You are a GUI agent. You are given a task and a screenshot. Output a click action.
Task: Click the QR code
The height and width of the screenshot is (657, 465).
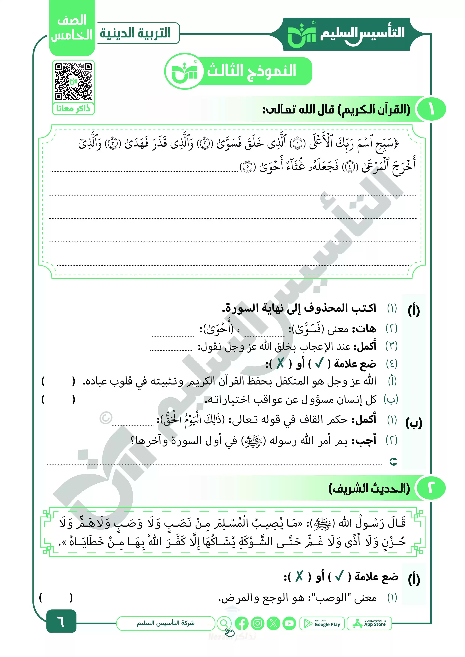pos(73,81)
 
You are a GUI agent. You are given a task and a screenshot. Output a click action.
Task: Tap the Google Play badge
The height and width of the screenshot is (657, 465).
pos(322,623)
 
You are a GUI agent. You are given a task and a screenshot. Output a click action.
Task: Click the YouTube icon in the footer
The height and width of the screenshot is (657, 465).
pos(289,623)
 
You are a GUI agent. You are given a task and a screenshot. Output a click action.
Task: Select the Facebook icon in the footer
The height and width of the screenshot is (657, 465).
pos(241,623)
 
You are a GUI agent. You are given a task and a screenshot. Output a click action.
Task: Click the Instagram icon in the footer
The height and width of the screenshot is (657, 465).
pos(257,623)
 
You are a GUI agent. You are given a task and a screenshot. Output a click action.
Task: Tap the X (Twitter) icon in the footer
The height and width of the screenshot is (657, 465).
pos(273,623)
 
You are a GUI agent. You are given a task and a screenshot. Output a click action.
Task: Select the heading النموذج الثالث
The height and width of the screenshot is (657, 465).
pos(252,71)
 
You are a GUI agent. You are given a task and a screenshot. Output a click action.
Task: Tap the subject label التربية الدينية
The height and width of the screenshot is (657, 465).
pos(135,33)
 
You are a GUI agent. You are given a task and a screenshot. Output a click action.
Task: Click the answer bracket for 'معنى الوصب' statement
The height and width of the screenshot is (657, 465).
pos(56,597)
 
